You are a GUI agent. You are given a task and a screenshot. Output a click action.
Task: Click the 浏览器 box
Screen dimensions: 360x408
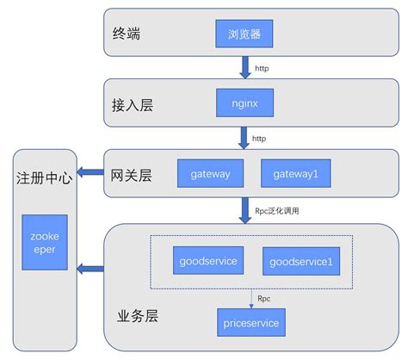(244, 35)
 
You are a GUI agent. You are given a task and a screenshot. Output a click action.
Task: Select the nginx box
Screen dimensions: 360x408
(244, 104)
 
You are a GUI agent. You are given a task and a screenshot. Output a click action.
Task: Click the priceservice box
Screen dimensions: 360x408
(250, 323)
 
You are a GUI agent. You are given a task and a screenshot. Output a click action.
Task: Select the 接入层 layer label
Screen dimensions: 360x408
(136, 105)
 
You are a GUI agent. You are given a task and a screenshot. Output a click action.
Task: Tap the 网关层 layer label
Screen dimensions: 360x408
(132, 175)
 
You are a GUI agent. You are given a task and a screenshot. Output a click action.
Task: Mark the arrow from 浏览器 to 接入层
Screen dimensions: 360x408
(244, 65)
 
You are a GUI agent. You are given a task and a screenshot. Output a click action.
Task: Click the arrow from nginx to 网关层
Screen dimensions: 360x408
(244, 136)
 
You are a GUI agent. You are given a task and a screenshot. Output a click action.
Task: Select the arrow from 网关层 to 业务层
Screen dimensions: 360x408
(244, 208)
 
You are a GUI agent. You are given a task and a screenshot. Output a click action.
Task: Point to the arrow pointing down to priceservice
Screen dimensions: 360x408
(250, 295)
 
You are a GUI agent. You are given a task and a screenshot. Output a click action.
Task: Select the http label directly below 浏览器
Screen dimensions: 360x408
(262, 67)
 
